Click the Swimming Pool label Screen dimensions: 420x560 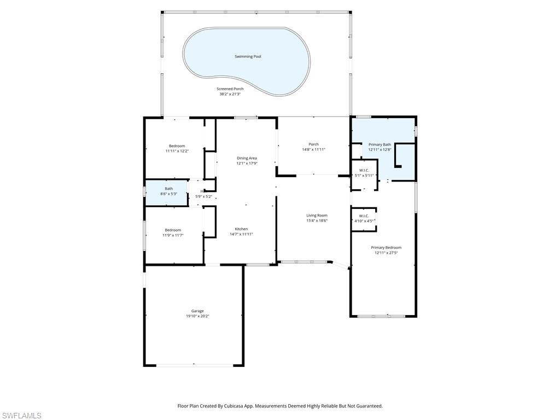[248, 56]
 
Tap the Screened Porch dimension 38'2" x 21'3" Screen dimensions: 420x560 [230, 94]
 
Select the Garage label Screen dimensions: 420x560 [197, 311]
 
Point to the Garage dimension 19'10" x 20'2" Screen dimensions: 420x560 [197, 316]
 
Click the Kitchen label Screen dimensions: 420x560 [241, 229]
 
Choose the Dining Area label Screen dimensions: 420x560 [247, 158]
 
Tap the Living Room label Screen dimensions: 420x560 [317, 215]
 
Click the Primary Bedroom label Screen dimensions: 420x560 [386, 247]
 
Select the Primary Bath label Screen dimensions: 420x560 [380, 144]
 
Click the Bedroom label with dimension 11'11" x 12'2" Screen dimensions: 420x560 [177, 145]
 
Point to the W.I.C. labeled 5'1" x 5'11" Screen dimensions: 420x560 [364, 170]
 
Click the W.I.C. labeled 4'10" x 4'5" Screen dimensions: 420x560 [364, 215]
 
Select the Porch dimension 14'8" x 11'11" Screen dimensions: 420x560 [313, 149]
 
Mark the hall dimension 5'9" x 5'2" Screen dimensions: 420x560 [204, 196]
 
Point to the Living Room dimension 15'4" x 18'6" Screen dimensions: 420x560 [317, 220]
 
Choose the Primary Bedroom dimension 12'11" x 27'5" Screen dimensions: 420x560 [386, 253]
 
